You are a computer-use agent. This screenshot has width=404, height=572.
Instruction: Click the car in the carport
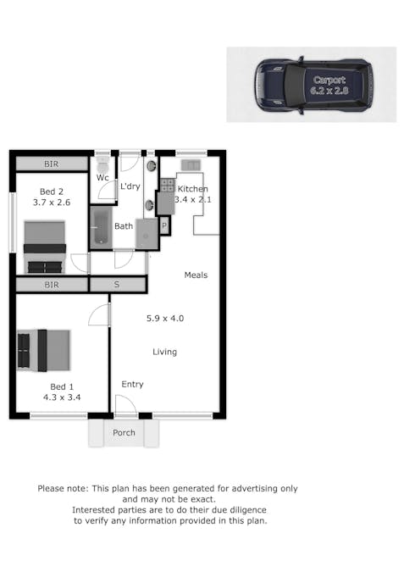pos(313,85)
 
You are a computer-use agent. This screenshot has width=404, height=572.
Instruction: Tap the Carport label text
pos(329,80)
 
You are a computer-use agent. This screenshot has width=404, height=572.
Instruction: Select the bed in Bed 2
pos(45,246)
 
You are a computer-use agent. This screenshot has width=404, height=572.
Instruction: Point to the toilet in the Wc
pos(102,163)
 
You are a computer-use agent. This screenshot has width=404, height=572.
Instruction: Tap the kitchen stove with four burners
pos(167,184)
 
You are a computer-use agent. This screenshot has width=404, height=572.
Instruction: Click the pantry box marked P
pos(164,226)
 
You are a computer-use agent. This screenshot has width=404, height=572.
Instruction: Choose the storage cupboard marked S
pos(117,285)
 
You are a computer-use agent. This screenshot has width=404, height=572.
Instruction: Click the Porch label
pos(125,433)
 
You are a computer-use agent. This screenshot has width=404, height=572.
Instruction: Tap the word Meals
pos(196,275)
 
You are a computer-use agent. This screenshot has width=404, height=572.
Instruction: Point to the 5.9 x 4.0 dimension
pos(165,319)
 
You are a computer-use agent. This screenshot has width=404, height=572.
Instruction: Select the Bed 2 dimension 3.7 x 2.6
pos(52,203)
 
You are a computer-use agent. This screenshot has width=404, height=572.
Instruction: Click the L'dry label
pos(130,186)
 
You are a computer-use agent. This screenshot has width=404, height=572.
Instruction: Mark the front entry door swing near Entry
pos(126,406)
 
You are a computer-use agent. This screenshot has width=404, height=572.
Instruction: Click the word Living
pos(165,352)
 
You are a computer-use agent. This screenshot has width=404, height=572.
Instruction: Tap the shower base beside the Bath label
pos(147,233)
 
